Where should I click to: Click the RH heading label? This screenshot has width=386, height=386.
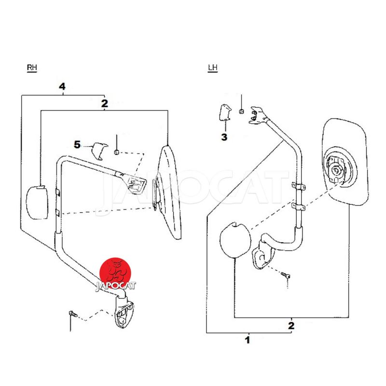pos(32,68)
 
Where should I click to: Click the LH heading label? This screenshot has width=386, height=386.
pos(213,68)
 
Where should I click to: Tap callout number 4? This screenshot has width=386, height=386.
pos(62,87)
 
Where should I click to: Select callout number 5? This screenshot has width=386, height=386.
pos(77,144)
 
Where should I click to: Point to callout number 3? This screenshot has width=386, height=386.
pos(224,137)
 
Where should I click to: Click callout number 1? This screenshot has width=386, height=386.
pos(248,340)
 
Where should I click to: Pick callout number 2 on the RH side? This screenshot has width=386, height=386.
pos(105,103)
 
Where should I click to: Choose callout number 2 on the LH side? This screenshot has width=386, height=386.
pos(291,326)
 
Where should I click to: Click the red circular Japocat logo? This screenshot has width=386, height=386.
pos(115,274)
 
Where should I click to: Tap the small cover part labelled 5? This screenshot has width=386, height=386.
pos(99,151)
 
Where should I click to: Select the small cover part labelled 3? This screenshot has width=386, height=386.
pos(225,113)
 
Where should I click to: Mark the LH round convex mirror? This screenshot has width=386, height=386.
pos(235,240)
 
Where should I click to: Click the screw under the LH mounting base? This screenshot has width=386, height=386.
pos(286,275)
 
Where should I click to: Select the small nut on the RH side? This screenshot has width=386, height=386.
pos(117,152)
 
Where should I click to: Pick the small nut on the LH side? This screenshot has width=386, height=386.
pos(242,111)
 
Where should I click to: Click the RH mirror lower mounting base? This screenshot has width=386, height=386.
pos(124,312)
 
